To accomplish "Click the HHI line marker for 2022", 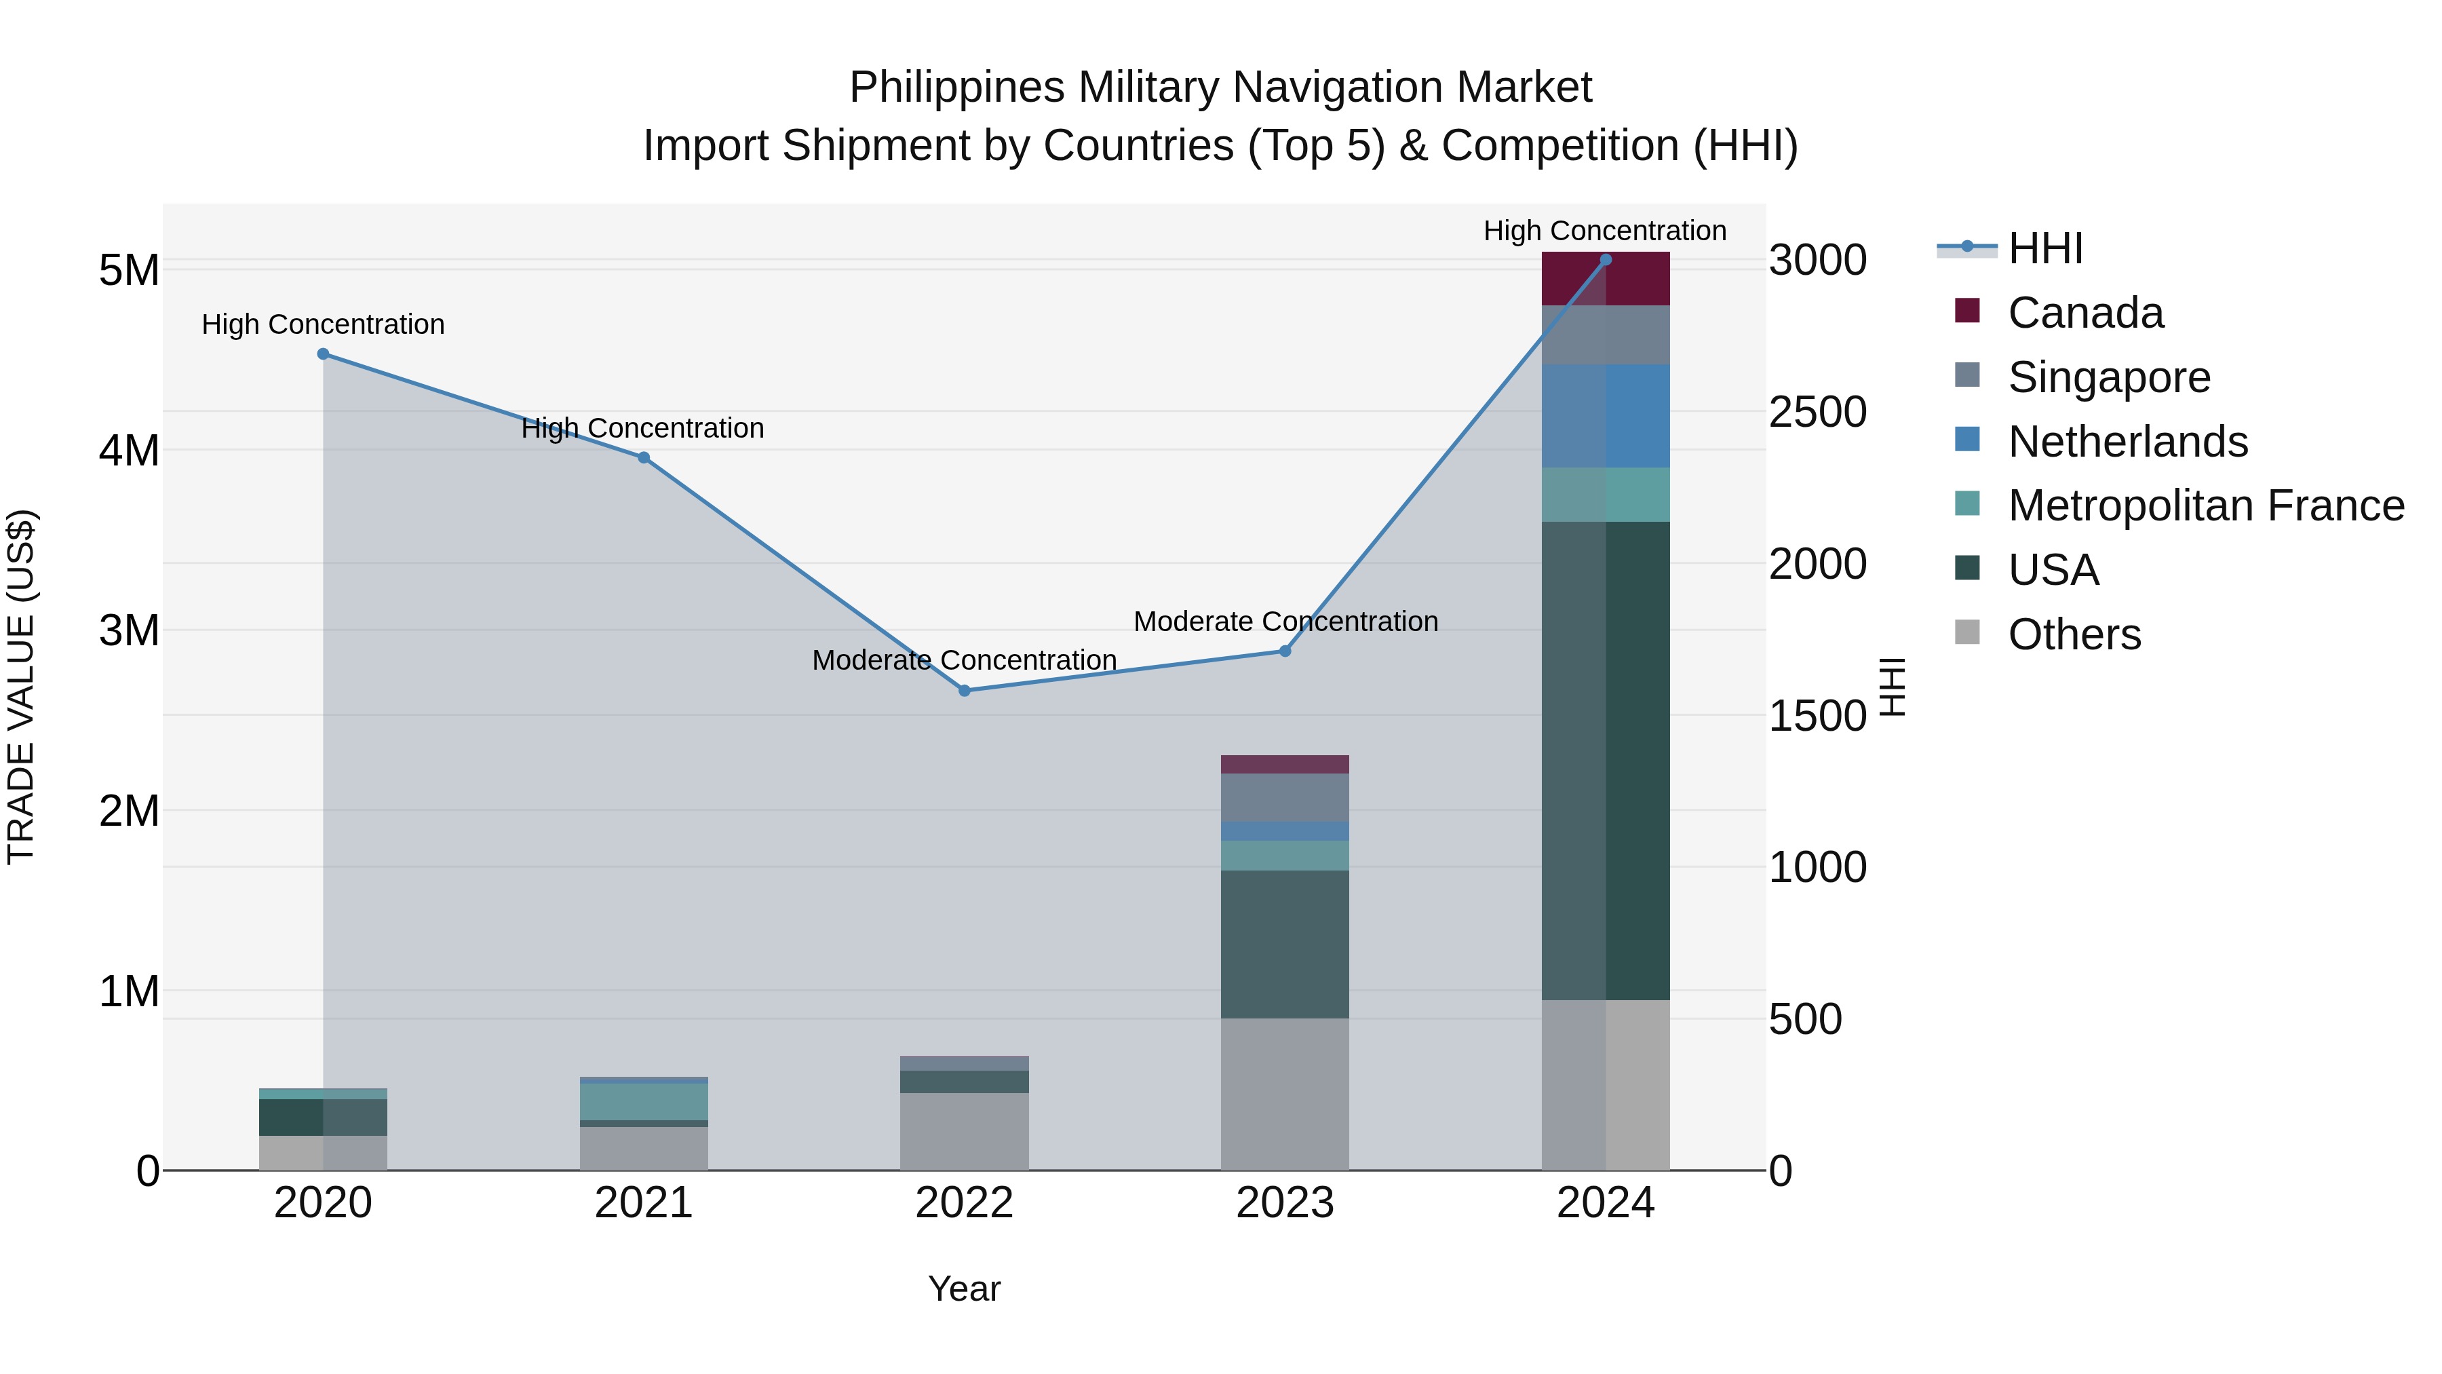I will click(x=964, y=690).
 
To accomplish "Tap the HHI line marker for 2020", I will click(x=324, y=354).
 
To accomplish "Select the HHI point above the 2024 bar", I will click(x=1606, y=260).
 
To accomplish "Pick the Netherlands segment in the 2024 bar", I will click(x=1606, y=415).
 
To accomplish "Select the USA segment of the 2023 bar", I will click(x=1285, y=944).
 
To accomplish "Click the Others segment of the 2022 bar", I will click(x=964, y=1131).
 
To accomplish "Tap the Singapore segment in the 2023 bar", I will click(x=1285, y=797).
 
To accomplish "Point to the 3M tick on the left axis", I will click(x=130, y=630).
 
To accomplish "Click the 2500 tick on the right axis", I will click(x=1817, y=412).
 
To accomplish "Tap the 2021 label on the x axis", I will click(x=644, y=1203).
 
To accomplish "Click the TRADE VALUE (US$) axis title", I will click(x=21, y=687).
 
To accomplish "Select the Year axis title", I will click(x=964, y=1289).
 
